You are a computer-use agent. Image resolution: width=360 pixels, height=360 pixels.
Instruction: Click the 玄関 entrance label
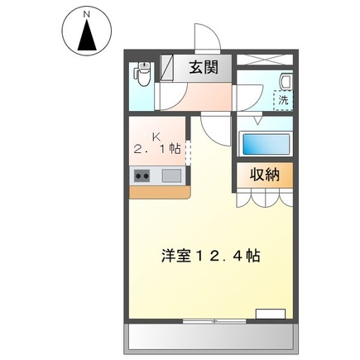(x=203, y=69)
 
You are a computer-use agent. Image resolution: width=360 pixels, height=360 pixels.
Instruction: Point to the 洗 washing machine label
(x=283, y=100)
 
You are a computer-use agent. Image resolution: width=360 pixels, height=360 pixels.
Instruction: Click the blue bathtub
(x=265, y=143)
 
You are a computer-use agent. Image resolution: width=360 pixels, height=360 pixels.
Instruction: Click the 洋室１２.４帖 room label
(x=210, y=256)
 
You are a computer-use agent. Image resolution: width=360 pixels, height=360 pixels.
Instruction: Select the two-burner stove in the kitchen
(x=141, y=175)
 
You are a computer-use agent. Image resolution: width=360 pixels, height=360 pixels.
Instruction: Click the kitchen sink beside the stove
(x=171, y=175)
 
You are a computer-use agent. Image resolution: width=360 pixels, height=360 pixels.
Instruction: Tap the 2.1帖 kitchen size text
(x=156, y=149)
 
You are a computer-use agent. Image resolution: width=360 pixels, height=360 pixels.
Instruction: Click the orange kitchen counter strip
(x=159, y=191)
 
